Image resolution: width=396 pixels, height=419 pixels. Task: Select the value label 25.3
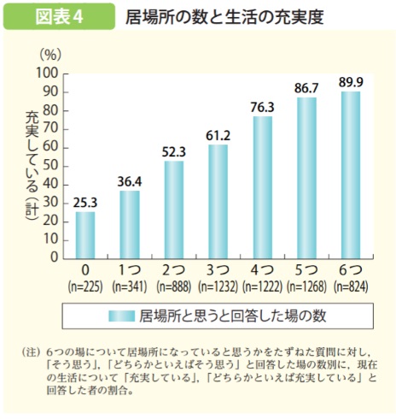click(x=84, y=201)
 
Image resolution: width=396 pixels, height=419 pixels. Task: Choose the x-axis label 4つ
click(x=262, y=270)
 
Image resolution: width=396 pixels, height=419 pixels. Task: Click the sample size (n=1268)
click(x=306, y=285)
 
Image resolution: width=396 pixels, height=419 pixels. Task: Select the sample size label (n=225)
click(x=84, y=285)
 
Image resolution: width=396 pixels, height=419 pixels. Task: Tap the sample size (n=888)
click(x=173, y=285)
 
